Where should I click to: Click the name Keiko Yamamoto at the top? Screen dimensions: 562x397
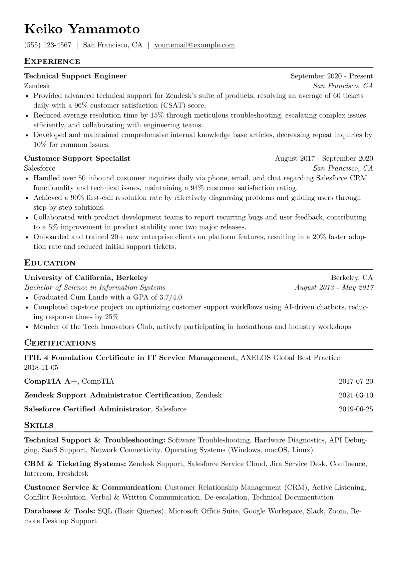pyautogui.click(x=82, y=29)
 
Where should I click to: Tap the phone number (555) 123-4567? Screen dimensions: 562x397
pyautogui.click(x=48, y=45)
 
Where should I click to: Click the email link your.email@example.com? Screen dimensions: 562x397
pyautogui.click(x=194, y=45)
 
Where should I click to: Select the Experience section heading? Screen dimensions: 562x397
pyautogui.click(x=52, y=61)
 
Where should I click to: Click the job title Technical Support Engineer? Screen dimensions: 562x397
pyautogui.click(x=75, y=76)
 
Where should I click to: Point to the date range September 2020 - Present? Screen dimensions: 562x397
pyautogui.click(x=332, y=76)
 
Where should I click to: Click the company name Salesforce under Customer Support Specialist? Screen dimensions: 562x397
pyautogui.click(x=40, y=168)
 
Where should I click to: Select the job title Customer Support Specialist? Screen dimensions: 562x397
pyautogui.click(x=77, y=159)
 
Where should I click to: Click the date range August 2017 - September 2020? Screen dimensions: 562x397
pyautogui.click(x=324, y=159)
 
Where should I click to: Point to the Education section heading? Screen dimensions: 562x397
pyautogui.click(x=50, y=263)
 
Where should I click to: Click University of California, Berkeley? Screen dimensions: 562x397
pyautogui.click(x=86, y=278)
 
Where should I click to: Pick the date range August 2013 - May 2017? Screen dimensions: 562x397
pyautogui.click(x=334, y=288)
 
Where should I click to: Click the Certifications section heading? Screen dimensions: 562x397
pyautogui.click(x=60, y=343)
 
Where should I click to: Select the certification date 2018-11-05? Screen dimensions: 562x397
pyautogui.click(x=41, y=368)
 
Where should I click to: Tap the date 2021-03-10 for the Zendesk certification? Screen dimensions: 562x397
pyautogui.click(x=356, y=395)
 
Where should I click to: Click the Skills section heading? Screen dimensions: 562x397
pyautogui.click(x=39, y=425)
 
